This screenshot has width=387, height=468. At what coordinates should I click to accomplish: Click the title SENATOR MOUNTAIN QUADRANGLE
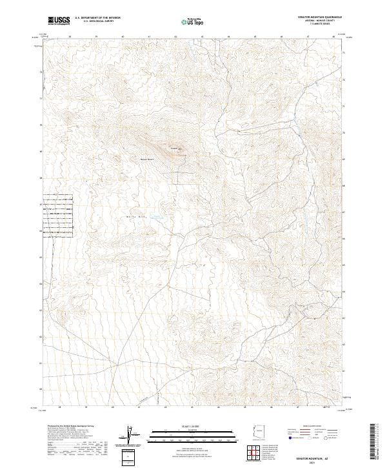point(315,17)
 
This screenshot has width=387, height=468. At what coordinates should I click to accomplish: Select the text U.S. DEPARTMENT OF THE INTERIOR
point(97,18)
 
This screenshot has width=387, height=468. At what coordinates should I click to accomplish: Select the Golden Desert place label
point(146,159)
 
